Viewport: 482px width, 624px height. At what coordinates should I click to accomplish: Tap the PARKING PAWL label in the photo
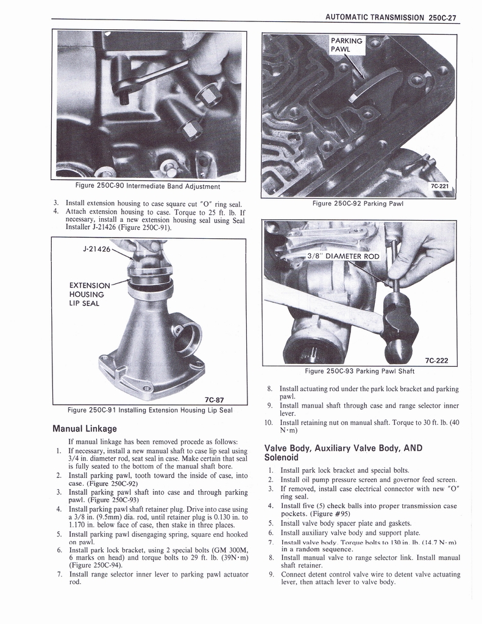346,45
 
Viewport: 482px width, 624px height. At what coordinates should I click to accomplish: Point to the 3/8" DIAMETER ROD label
343,256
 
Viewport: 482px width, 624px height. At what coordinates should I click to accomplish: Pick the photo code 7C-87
217,400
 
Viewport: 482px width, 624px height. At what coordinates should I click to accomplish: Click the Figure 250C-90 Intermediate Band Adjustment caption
147,186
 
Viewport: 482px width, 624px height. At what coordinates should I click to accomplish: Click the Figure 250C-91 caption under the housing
150,410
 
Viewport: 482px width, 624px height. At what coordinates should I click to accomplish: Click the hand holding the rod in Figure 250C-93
420,253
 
